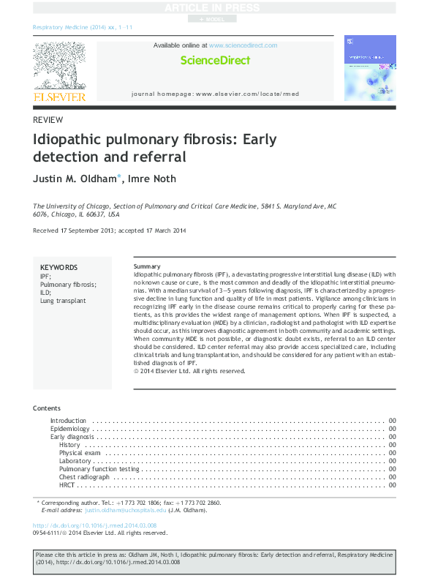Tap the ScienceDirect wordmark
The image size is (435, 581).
point(215,61)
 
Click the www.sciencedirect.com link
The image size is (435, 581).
point(243,45)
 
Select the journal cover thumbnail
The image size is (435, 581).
point(369,68)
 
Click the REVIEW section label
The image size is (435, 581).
point(48,120)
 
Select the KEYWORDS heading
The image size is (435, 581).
point(58,268)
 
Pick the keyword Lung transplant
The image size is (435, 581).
point(63,300)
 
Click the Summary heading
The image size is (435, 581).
point(148,266)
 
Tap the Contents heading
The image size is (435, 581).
point(48,408)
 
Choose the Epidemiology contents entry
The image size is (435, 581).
point(70,429)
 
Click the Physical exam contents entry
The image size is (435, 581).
point(81,453)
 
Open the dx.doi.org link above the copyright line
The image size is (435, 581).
point(95,526)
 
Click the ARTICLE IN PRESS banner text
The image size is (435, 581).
point(217,7)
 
